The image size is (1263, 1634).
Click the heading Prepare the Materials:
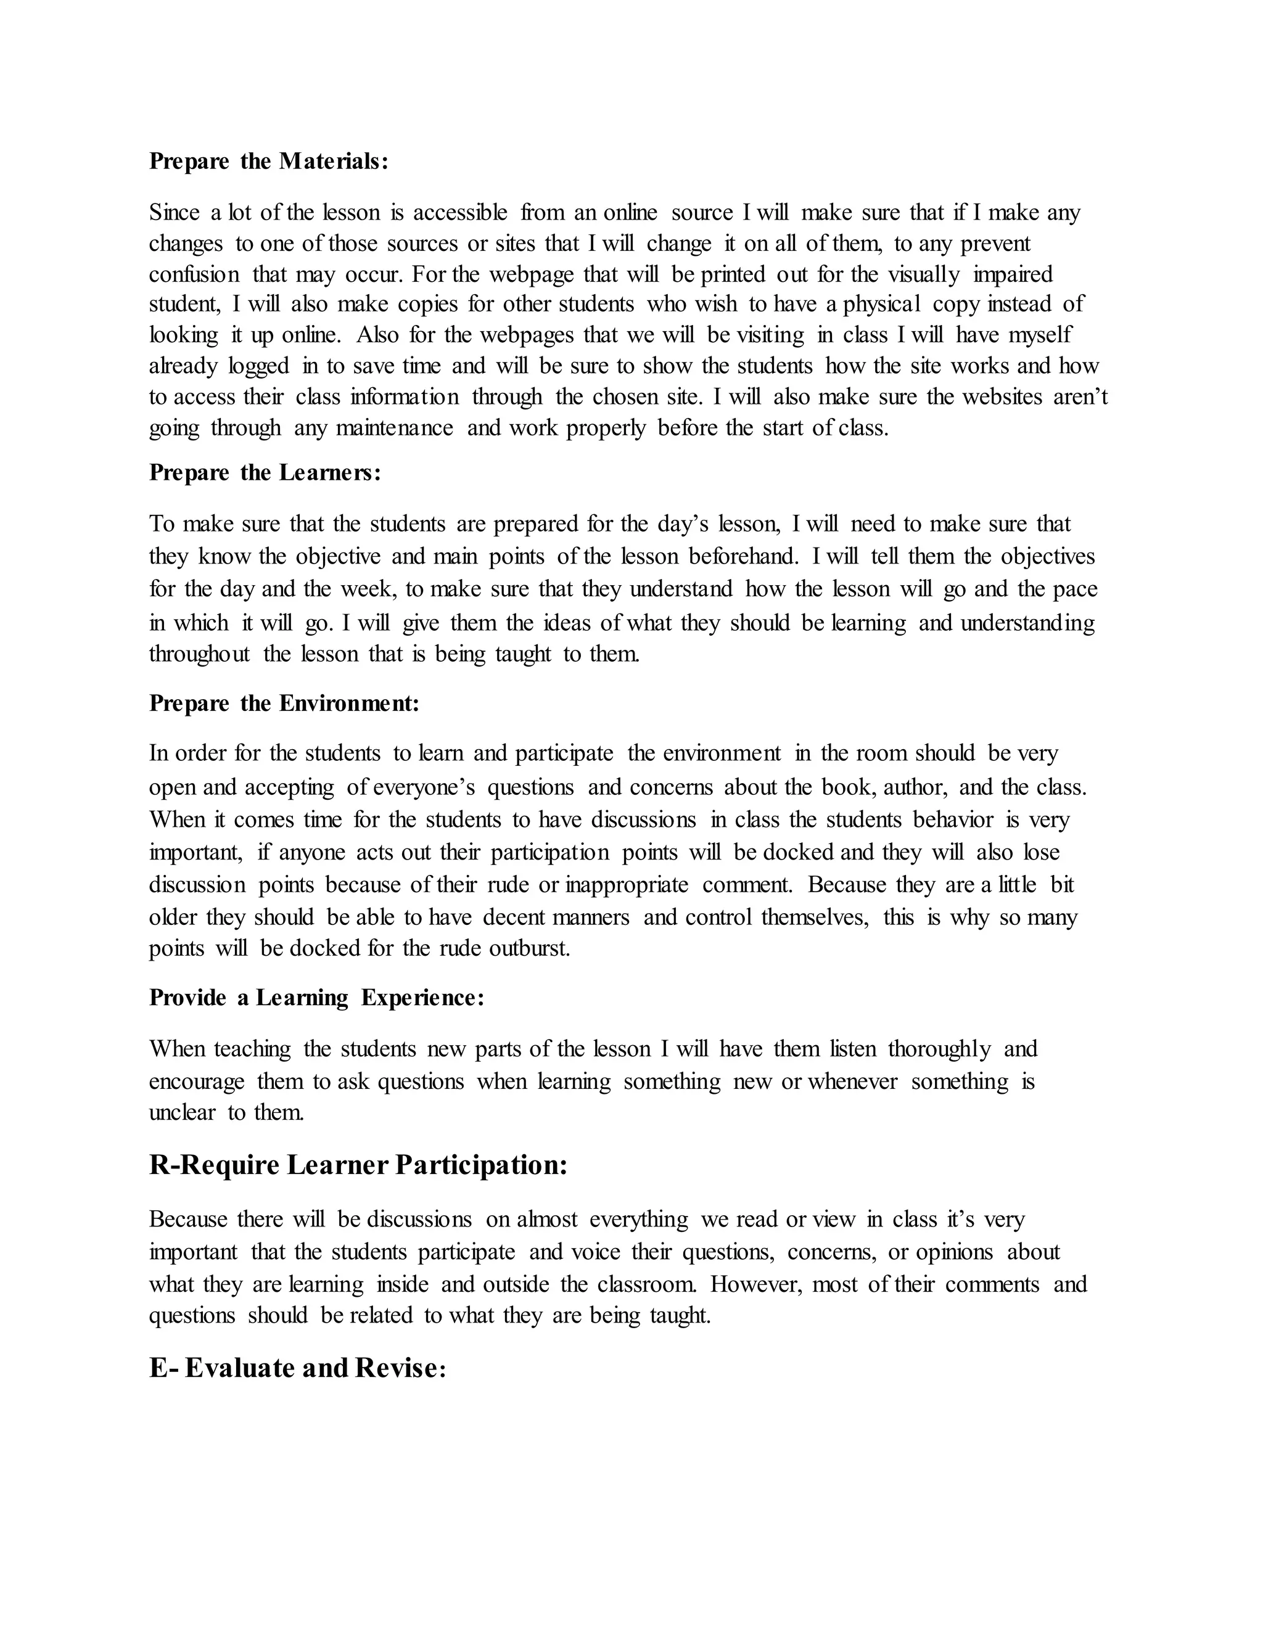269,161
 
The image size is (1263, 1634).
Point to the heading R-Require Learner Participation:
358,1165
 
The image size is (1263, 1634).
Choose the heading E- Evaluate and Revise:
297,1368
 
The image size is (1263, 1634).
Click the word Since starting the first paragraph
173,213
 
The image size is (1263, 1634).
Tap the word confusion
194,274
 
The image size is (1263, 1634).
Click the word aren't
1080,396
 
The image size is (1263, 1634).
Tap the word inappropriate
627,884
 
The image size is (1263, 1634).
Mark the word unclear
183,1112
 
